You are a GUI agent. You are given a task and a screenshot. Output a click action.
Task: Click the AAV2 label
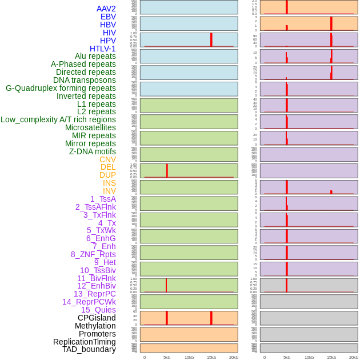click(x=106, y=9)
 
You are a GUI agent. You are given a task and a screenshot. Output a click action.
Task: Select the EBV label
click(x=108, y=17)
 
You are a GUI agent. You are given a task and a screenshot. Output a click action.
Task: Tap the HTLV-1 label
click(x=102, y=49)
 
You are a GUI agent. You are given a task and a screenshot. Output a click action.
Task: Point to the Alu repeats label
click(x=95, y=56)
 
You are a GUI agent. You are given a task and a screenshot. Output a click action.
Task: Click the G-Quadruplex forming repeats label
click(x=61, y=88)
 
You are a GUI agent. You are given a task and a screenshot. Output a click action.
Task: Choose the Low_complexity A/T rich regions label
click(x=58, y=119)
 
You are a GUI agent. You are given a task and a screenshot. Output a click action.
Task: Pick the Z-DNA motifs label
click(x=92, y=151)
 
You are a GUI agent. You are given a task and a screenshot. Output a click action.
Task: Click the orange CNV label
click(x=107, y=159)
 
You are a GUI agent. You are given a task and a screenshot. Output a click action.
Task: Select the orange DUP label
click(x=107, y=175)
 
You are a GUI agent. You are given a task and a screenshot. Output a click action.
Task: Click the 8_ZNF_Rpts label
click(x=93, y=254)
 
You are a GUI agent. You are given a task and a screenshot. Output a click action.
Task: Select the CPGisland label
click(x=97, y=318)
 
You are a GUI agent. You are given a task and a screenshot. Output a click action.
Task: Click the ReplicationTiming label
click(x=84, y=342)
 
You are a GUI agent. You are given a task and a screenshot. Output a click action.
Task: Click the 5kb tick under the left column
click(x=167, y=357)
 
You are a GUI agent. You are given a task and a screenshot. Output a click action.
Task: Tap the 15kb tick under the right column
click(x=331, y=357)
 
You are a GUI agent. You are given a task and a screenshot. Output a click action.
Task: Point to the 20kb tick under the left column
click(x=234, y=357)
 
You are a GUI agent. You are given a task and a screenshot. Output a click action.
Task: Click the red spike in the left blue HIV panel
click(x=211, y=39)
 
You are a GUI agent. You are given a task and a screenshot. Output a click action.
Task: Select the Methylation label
click(x=95, y=326)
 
